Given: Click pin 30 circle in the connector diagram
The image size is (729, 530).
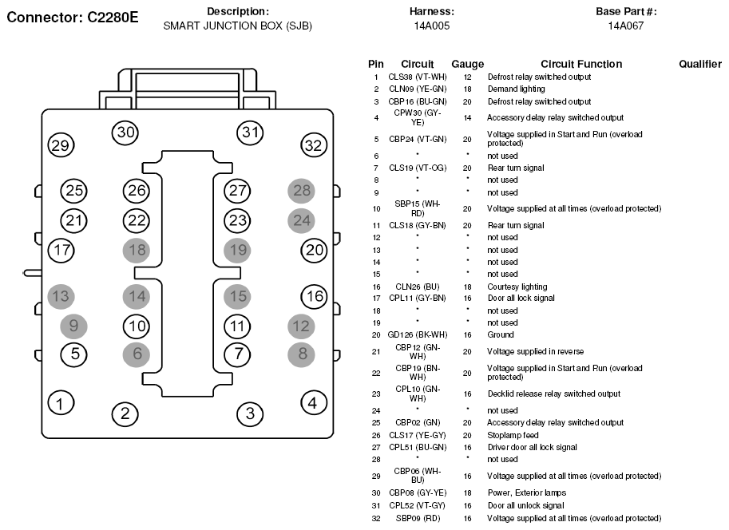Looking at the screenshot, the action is (125, 132).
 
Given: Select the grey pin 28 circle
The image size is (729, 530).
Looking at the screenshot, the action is (301, 190).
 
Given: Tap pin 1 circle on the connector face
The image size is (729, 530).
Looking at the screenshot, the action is (61, 402).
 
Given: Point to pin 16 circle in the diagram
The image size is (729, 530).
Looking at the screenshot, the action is (315, 296).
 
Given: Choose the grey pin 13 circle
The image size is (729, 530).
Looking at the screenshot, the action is (61, 296).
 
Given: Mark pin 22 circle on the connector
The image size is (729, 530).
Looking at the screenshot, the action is (137, 220).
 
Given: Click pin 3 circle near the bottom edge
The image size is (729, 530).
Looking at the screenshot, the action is (250, 413).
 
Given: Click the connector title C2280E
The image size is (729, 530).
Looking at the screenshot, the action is (113, 18).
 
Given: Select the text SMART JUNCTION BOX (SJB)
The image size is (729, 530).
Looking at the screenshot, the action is (238, 26).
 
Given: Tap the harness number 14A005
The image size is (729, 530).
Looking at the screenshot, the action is (432, 26).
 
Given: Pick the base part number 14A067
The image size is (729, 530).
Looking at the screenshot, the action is (626, 26).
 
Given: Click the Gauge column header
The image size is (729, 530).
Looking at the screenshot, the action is (468, 64).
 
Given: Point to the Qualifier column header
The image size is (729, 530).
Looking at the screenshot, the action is (700, 64).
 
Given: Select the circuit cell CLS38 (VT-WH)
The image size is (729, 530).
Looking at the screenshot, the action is (418, 77).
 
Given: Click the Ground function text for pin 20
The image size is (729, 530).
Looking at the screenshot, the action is (501, 334).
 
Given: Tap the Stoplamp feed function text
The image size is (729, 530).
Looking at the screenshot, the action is (513, 436).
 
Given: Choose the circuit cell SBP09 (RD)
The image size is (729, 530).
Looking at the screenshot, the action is (418, 518).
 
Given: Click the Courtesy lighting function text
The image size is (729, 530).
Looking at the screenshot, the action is (517, 287).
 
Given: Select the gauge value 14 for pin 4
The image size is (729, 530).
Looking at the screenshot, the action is (467, 118).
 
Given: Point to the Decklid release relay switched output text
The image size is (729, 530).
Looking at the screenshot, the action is (553, 394).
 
